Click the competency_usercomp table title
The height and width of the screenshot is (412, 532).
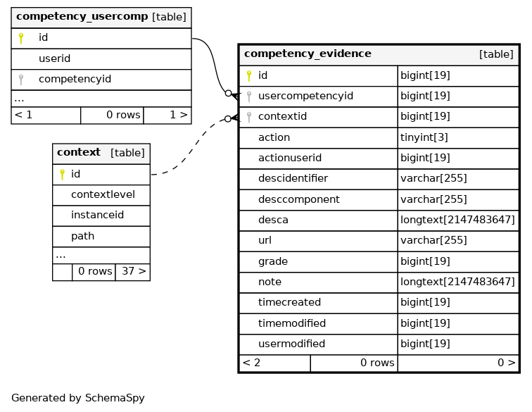point(82,16)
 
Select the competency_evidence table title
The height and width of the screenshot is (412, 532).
point(308,54)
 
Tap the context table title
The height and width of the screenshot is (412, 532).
point(79,152)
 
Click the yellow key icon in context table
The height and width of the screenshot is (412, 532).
point(62,174)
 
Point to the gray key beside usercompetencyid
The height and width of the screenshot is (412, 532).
point(249,96)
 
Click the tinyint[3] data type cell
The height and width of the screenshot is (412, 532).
point(424,137)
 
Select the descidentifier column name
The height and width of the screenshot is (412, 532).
point(293,178)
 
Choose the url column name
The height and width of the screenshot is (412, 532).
point(265,240)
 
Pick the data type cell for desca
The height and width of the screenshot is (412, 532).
point(457,220)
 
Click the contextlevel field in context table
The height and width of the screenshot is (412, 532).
point(103,194)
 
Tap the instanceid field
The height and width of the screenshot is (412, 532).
point(97,215)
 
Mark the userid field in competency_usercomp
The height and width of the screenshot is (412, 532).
point(55,58)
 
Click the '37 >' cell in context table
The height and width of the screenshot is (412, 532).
point(133,272)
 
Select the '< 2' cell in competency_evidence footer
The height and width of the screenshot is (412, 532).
point(275,363)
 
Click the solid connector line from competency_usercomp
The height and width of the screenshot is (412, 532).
point(214,65)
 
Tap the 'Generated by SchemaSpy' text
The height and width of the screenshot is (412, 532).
point(78,398)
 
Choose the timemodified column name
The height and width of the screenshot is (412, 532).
point(292,323)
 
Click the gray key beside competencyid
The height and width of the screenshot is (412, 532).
point(21,80)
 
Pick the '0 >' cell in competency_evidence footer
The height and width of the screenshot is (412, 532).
point(458,363)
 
